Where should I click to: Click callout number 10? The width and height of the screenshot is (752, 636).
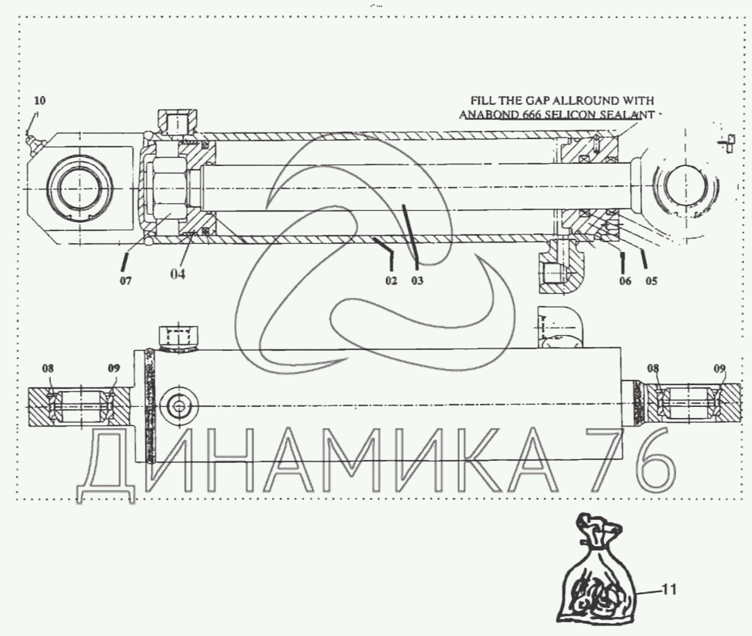(40, 101)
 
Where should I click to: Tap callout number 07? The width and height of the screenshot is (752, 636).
(126, 281)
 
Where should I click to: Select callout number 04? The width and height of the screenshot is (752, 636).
(178, 274)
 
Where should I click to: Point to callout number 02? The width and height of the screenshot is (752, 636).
(391, 281)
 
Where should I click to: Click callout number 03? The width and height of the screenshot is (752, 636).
(417, 281)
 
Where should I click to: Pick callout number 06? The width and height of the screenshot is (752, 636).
(625, 281)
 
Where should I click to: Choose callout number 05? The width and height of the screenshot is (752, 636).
(651, 281)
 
